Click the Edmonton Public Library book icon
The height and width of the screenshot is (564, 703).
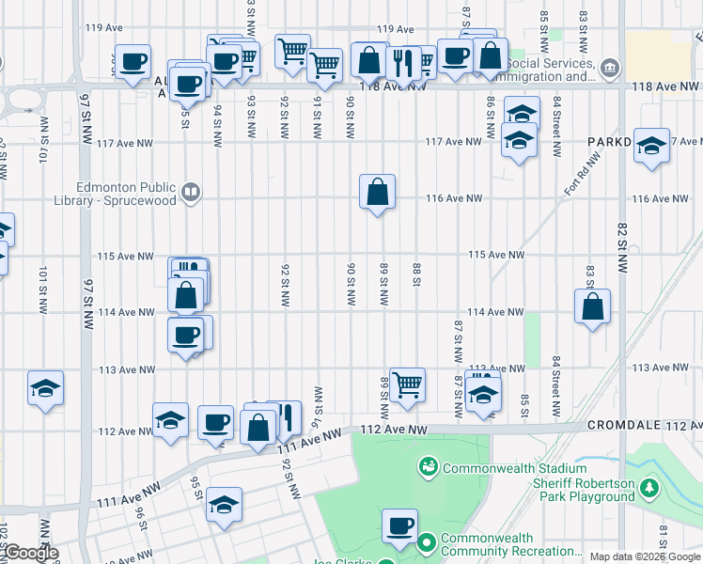click(x=190, y=193)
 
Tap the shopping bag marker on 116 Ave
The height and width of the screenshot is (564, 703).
click(x=377, y=193)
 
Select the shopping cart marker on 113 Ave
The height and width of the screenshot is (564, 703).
click(x=407, y=384)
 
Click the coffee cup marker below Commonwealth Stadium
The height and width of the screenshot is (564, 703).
click(x=399, y=525)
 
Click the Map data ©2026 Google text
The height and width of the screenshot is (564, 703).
click(x=645, y=556)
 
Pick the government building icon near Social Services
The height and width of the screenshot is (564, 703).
click(x=610, y=68)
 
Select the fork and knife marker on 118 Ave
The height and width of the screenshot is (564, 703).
click(x=403, y=63)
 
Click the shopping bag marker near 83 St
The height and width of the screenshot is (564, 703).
click(x=593, y=306)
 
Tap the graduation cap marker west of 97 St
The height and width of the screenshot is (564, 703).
click(x=44, y=389)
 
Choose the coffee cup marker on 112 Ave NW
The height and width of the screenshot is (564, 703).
click(x=217, y=422)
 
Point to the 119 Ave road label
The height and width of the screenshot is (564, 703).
click(x=396, y=30)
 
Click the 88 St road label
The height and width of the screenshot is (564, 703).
click(x=416, y=274)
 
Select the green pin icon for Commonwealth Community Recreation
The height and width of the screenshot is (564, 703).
click(x=428, y=542)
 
